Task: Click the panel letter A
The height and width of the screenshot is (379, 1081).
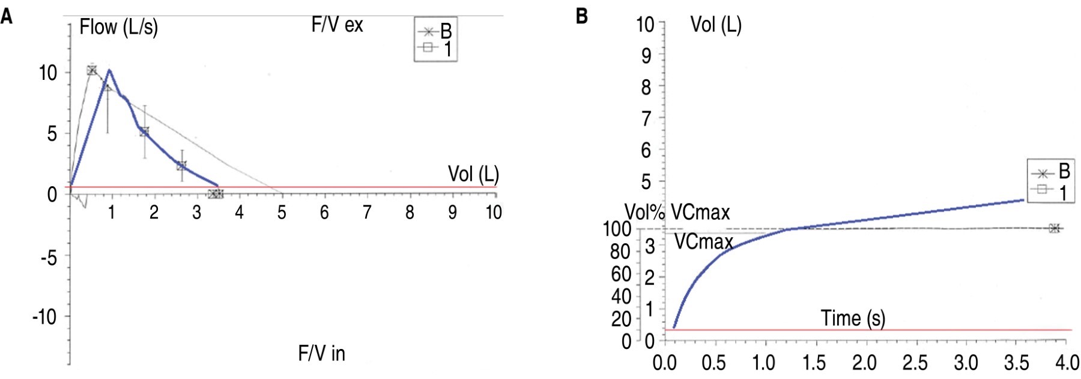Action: coord(7,16)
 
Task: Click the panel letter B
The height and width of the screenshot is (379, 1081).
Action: coord(581,16)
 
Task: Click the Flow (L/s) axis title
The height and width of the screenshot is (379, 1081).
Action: coord(118,27)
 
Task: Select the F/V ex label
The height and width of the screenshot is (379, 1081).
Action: coord(337,25)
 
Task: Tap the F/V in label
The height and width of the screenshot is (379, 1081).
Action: coord(321,353)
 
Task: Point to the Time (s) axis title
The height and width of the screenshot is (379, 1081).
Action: coord(853,318)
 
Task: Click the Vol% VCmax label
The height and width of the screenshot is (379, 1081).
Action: coord(677,212)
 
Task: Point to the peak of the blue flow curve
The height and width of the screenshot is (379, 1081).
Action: coord(109,70)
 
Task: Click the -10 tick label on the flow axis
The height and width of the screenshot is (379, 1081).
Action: coord(44,316)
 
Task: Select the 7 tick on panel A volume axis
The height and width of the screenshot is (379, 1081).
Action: coord(367,212)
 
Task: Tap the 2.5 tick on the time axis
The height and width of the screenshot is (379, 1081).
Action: coord(915,363)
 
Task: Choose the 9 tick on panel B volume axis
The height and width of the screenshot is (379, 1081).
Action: coord(646,56)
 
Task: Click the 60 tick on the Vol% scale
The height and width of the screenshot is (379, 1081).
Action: coord(620,274)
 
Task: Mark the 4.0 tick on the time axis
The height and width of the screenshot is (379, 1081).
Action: coord(1067,363)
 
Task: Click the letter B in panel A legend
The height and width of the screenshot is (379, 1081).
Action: coord(446,31)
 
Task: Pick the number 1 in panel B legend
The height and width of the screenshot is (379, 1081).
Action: coord(1063,193)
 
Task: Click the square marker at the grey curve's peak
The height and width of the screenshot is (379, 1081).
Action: coord(92,70)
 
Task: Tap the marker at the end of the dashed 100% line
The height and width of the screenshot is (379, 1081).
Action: coord(1054,228)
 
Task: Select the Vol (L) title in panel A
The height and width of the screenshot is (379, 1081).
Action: coord(473,174)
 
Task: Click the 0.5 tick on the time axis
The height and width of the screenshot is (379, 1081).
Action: coord(713,363)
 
